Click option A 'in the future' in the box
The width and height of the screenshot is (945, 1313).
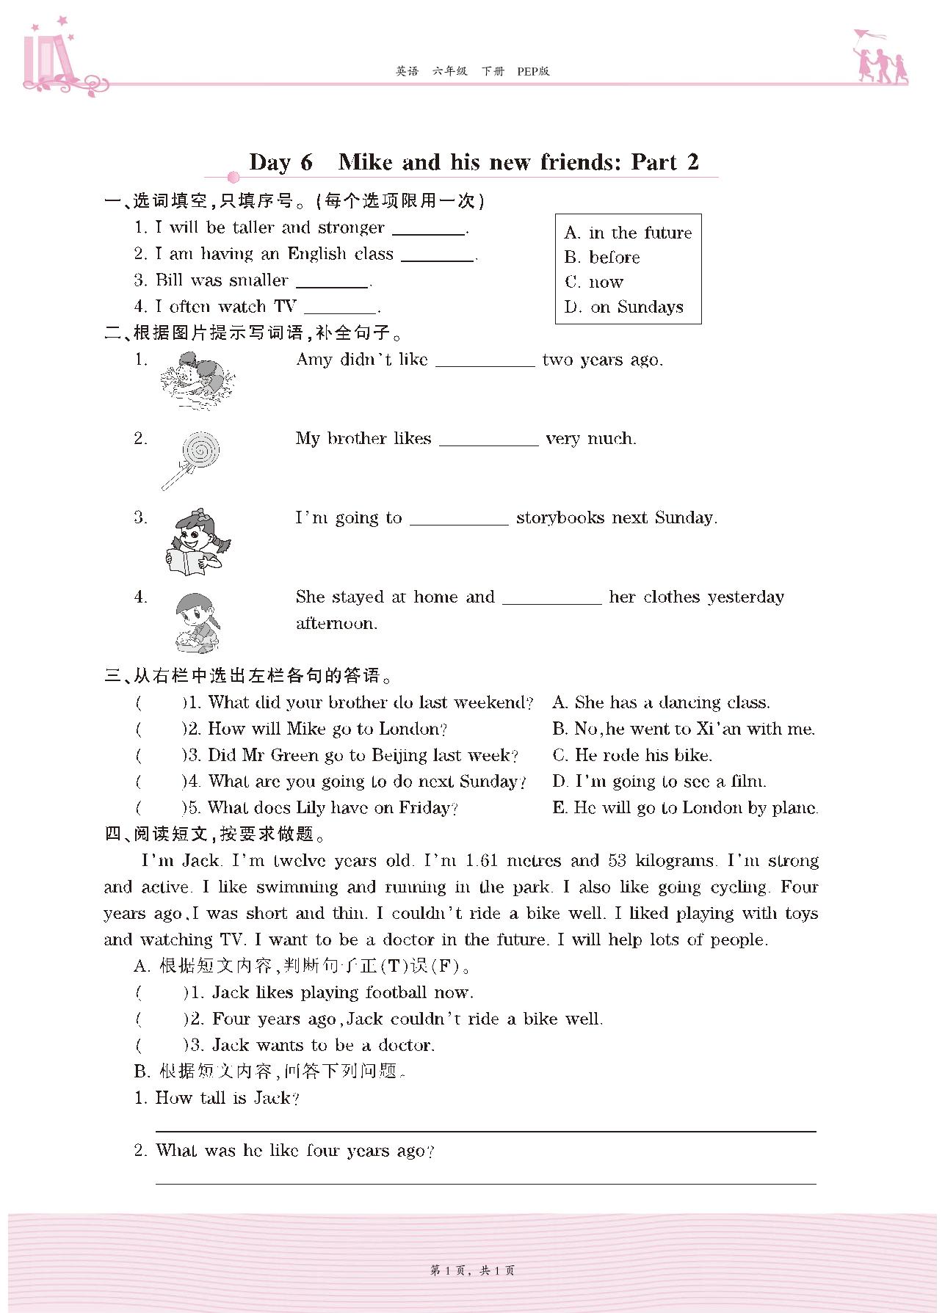[x=629, y=233]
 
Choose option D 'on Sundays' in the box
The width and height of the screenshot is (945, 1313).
[x=624, y=307]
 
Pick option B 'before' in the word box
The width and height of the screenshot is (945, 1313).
[x=602, y=258]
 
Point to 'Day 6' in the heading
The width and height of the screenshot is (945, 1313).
[x=281, y=162]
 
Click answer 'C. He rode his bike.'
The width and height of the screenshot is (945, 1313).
[x=632, y=755]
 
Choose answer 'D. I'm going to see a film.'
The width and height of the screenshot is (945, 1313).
[x=659, y=782]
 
